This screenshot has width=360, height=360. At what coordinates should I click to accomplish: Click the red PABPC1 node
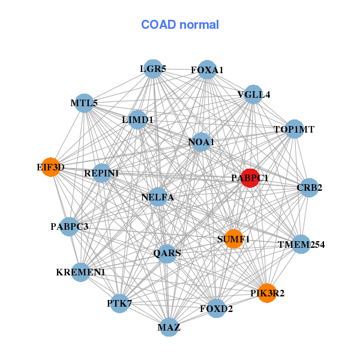(250, 178)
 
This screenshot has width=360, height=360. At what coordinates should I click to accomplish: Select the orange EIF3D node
(52, 167)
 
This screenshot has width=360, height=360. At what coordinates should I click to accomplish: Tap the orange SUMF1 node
(233, 239)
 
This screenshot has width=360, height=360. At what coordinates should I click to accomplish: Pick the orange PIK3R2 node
(267, 293)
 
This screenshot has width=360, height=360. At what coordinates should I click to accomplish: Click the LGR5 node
(153, 69)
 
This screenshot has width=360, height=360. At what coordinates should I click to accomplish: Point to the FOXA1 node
(207, 70)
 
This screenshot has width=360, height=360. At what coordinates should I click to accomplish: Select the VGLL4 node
(253, 95)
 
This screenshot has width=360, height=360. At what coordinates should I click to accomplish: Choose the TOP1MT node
(293, 129)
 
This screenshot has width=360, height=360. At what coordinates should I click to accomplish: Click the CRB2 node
(309, 188)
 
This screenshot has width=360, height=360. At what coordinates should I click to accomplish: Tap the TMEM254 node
(301, 244)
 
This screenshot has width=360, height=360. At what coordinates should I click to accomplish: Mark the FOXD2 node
(216, 308)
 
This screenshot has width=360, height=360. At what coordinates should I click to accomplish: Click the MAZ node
(169, 327)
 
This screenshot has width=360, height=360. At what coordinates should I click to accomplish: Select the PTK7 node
(119, 303)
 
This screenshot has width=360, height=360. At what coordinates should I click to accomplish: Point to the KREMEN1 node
(80, 272)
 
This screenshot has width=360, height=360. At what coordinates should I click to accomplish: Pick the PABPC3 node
(70, 226)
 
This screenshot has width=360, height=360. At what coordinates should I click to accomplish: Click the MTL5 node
(84, 103)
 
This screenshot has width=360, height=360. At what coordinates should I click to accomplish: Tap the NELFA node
(158, 196)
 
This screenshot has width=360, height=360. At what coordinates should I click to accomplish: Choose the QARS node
(167, 253)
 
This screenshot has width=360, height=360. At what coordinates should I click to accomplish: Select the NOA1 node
(201, 142)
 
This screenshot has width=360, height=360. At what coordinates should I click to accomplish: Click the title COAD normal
(180, 25)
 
